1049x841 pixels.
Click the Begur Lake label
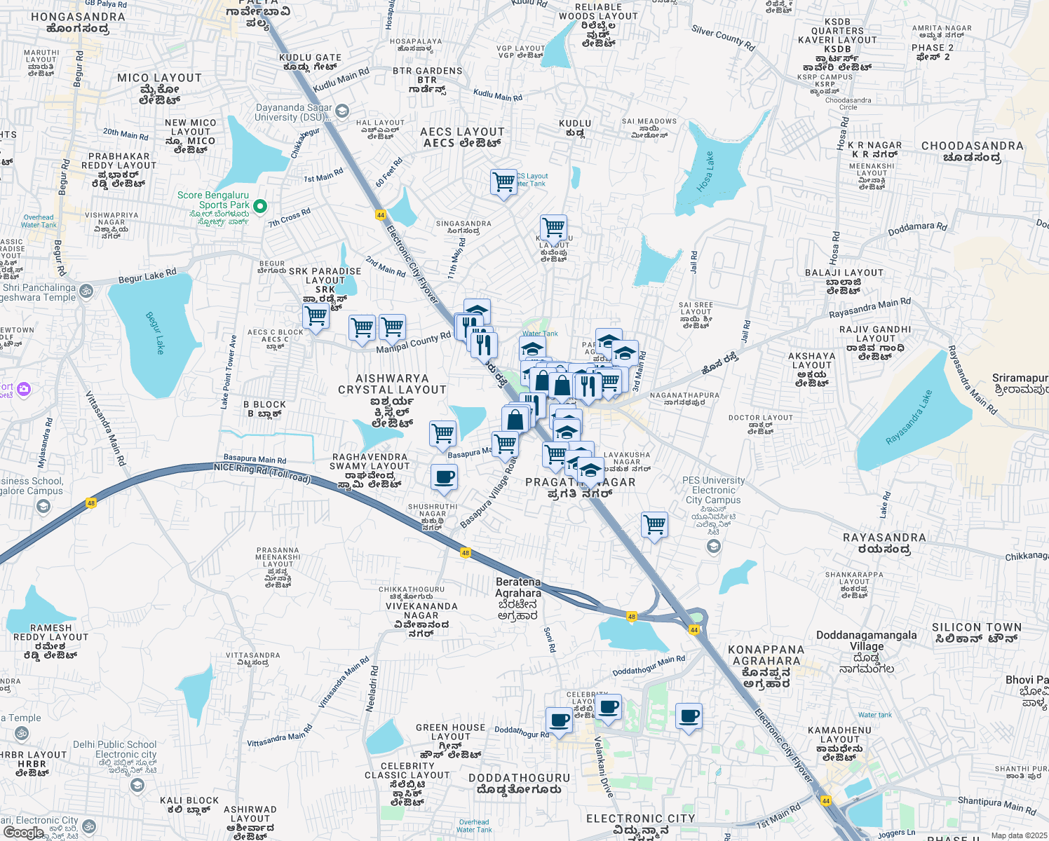pyautogui.click(x=154, y=332)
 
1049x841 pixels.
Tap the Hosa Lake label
pyautogui.click(x=705, y=172)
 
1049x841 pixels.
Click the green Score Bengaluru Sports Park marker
pyautogui.click(x=260, y=206)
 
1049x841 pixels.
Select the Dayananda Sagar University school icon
pyautogui.click(x=341, y=111)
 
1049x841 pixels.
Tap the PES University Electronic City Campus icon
pyautogui.click(x=714, y=546)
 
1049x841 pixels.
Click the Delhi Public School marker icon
pyautogui.click(x=137, y=785)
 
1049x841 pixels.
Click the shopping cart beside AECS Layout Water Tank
pyautogui.click(x=503, y=182)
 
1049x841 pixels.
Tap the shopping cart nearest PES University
pyautogui.click(x=654, y=524)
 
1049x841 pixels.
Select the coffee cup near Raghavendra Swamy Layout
pyautogui.click(x=444, y=477)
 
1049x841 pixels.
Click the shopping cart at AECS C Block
pyautogui.click(x=316, y=317)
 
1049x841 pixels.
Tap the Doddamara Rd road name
pyautogui.click(x=917, y=228)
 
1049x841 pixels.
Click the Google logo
pyautogui.click(x=23, y=832)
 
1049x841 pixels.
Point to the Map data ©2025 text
pyautogui.click(x=1018, y=835)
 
